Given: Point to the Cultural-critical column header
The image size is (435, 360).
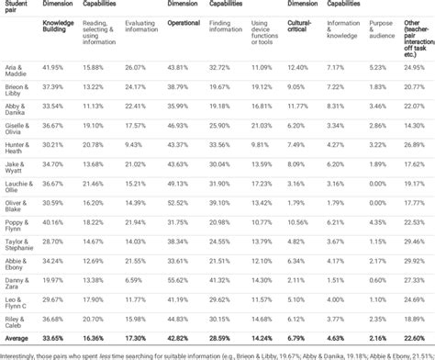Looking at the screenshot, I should click(x=303, y=28).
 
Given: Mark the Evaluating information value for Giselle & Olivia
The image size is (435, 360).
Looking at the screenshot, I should click(x=136, y=125).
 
